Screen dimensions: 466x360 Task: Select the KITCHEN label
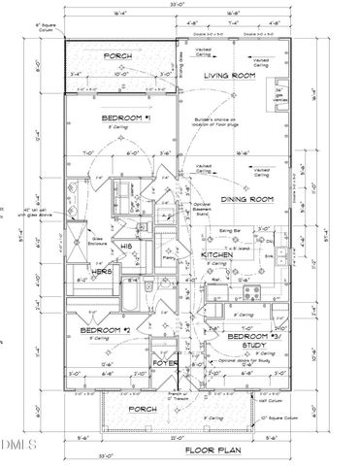[x=218, y=254]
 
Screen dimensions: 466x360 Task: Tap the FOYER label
[x=165, y=365]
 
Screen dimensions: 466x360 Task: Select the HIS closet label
[x=125, y=248]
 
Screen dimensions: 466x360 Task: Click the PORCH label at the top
[x=120, y=54]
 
